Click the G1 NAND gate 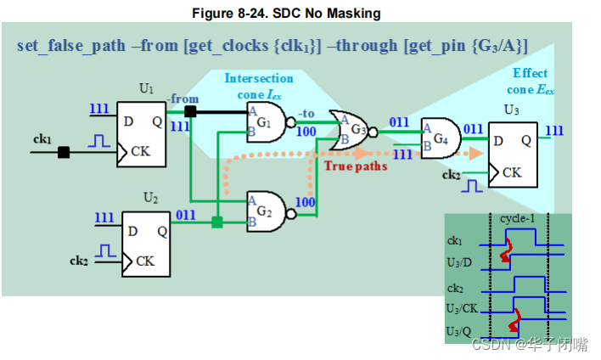pyautogui.click(x=266, y=124)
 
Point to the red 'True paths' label pyautogui.click(x=356, y=166)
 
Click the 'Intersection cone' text pyautogui.click(x=258, y=79)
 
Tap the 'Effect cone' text pyautogui.click(x=530, y=81)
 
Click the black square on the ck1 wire pyautogui.click(x=64, y=153)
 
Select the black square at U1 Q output pyautogui.click(x=192, y=111)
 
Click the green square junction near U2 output pyautogui.click(x=217, y=222)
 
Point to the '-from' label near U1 pyautogui.click(x=183, y=98)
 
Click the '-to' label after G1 pyautogui.click(x=306, y=114)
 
